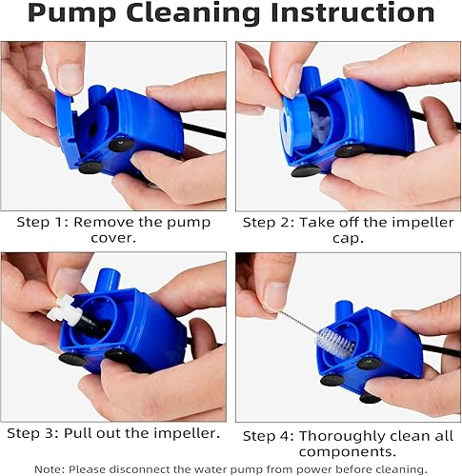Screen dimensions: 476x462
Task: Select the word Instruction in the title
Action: point(359,14)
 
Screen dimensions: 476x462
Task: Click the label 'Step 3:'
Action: point(37,433)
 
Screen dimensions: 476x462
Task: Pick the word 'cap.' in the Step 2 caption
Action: point(345,239)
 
